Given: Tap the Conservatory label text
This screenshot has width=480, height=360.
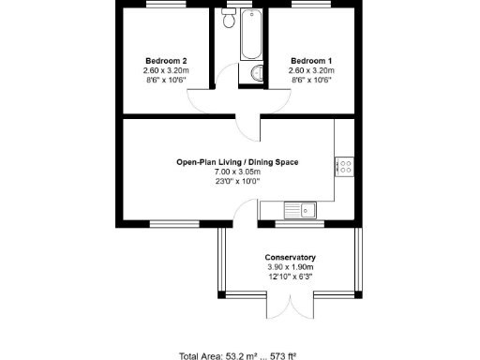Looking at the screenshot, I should click(x=290, y=258).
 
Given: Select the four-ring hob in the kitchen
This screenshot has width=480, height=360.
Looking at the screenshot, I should click(x=343, y=167).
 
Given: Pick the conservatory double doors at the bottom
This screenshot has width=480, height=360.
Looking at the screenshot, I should click(x=290, y=306).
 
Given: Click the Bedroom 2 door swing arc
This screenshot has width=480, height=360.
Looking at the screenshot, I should click(x=204, y=102).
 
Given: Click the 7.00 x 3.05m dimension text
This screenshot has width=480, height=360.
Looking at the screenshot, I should click(x=237, y=172).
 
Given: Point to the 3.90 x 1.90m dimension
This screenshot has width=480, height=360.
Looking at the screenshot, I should click(x=290, y=267).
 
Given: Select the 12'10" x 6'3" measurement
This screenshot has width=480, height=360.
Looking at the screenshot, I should click(x=290, y=277).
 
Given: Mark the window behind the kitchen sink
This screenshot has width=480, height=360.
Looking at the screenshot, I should click(x=299, y=223).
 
